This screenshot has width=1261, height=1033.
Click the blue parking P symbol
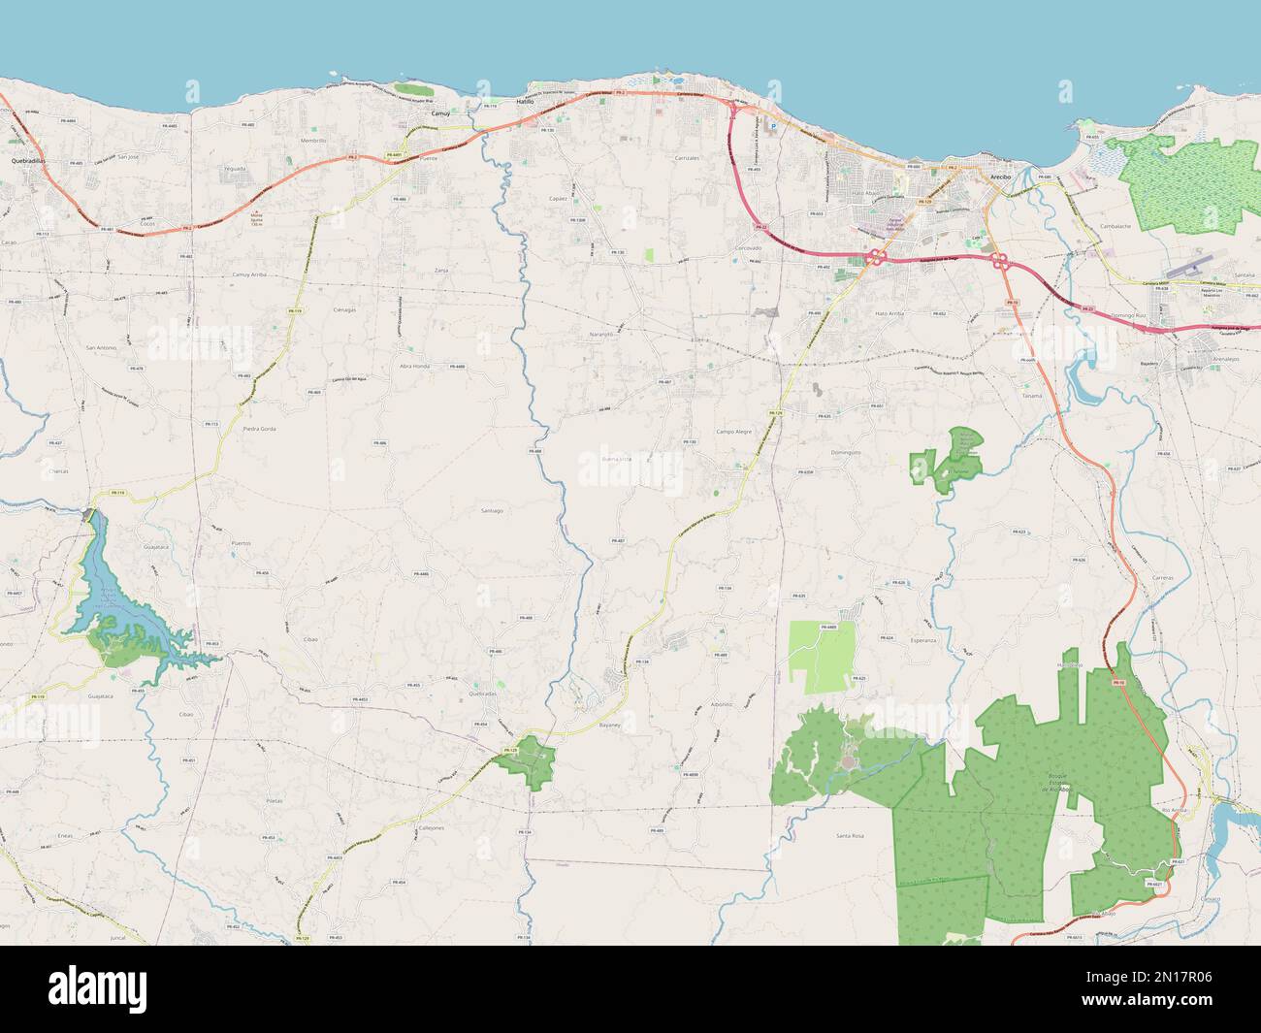click(773, 126)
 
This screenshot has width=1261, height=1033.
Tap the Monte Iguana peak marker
click(256, 217)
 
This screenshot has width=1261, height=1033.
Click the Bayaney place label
click(609, 725)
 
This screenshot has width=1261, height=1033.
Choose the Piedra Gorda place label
click(259, 428)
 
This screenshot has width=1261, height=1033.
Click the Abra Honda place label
click(414, 366)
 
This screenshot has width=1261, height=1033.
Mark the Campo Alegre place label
click(733, 431)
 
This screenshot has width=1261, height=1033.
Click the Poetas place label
click(274, 801)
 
